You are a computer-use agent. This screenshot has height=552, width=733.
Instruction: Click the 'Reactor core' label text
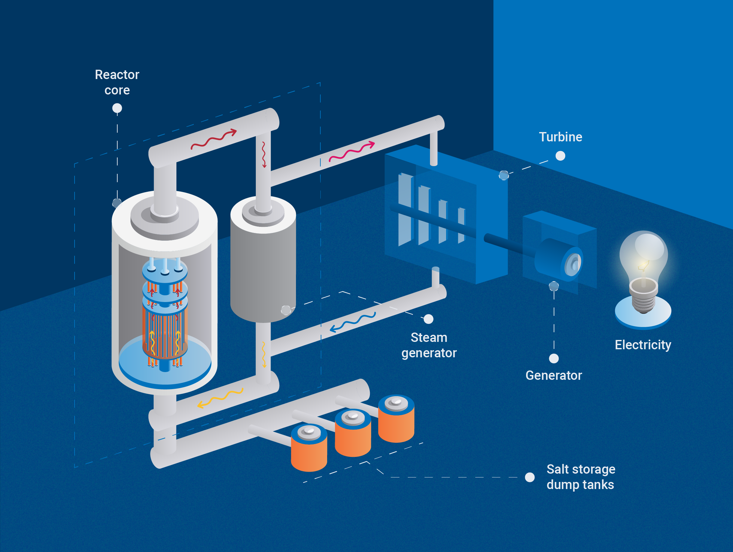pos(117,82)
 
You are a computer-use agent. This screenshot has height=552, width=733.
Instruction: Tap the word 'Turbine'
pos(560,137)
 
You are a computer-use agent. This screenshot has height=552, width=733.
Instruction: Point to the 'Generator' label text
pos(553,375)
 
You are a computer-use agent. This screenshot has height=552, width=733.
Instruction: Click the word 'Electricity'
pos(643,345)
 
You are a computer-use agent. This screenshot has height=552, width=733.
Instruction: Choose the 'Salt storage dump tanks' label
pos(581,477)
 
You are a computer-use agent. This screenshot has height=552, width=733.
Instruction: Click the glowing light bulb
pos(644,258)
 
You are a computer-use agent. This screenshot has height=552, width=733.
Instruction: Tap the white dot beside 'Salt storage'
pos(530,477)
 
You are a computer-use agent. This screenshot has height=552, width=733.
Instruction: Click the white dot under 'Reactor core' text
pos(117,108)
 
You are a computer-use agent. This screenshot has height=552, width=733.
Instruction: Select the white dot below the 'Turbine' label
pos(560,156)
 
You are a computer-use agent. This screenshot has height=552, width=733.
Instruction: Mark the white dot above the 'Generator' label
pos(554,359)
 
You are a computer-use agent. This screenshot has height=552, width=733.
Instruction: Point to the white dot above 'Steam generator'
pos(428,319)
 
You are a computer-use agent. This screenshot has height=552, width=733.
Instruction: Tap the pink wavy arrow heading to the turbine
pos(352,152)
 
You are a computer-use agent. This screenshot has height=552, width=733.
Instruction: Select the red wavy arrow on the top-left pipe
pos(214,139)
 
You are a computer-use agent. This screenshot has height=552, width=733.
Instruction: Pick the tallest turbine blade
pos(405,209)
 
